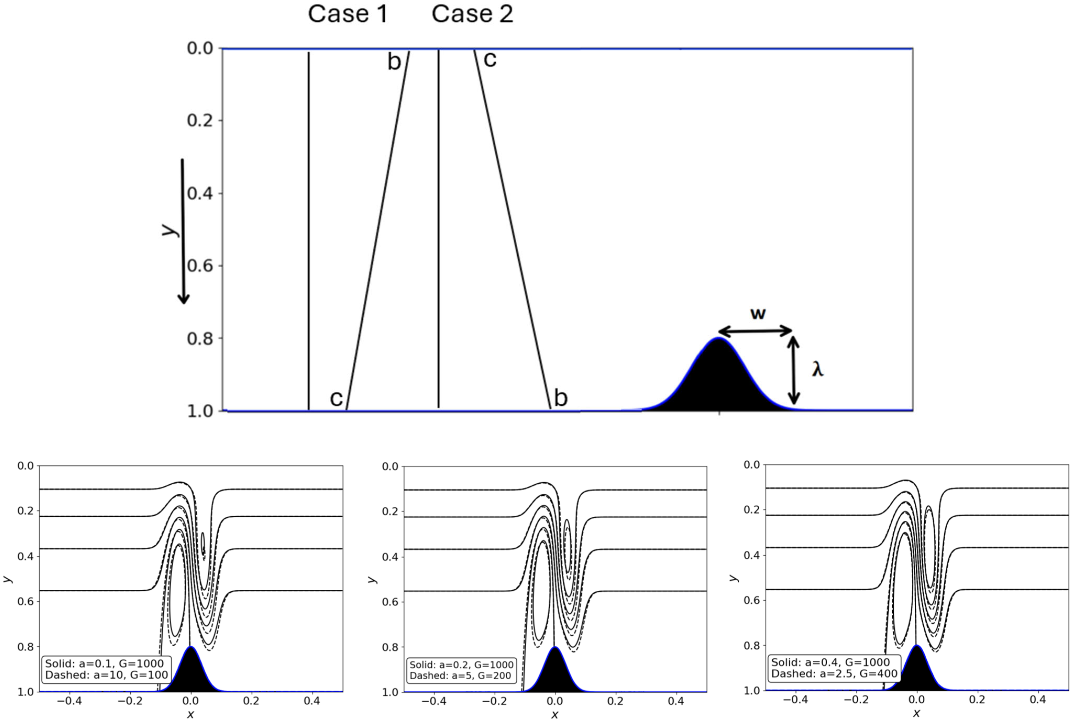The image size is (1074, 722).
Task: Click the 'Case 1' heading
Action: click(x=348, y=14)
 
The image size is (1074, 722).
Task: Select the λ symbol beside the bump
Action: click(x=817, y=369)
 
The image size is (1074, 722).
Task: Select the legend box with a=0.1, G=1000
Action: click(x=106, y=669)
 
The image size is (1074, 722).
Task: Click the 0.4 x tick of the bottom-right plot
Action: click(x=1038, y=700)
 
